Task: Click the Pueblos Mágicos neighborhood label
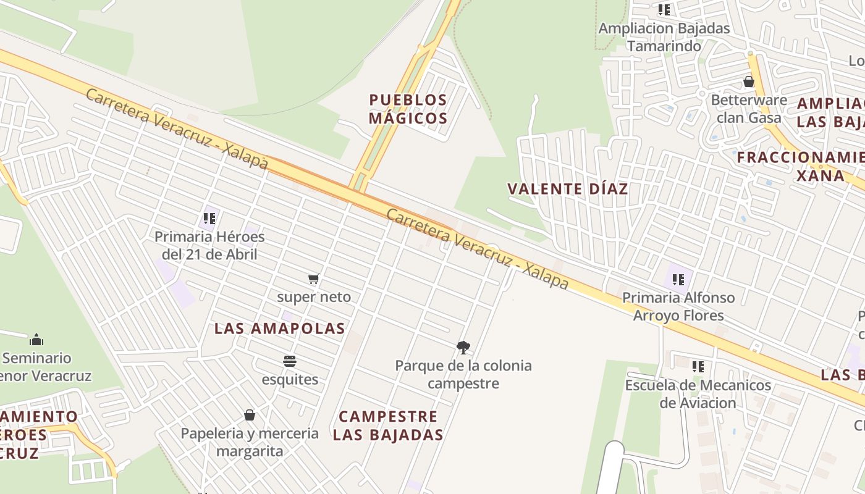point(408,109)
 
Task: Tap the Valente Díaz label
point(567,189)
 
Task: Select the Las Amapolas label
point(279,329)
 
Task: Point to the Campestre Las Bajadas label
point(388,425)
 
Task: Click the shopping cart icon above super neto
point(314,279)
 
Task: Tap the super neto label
point(314,297)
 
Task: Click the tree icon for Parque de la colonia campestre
point(463,348)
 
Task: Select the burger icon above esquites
point(290,361)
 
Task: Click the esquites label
point(290,379)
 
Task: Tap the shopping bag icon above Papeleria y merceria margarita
point(250,415)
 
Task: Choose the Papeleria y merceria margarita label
point(250,442)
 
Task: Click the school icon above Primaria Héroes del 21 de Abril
point(209,219)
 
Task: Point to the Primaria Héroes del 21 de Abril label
point(209,245)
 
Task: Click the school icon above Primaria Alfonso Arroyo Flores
point(678,280)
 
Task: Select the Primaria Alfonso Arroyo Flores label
point(678,306)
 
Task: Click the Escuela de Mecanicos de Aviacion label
point(698,394)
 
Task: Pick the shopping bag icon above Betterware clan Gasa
point(749,82)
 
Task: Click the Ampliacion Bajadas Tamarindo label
point(664,37)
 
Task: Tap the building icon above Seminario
point(36,340)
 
